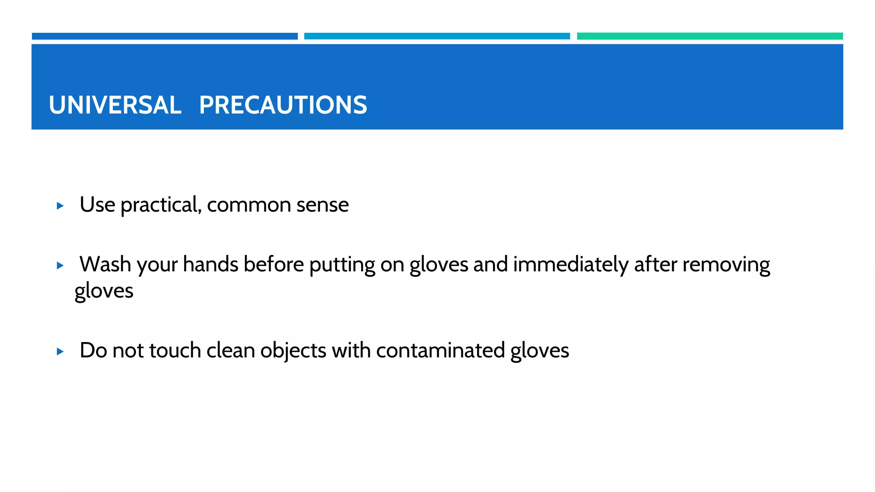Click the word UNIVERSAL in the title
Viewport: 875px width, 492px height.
coord(115,105)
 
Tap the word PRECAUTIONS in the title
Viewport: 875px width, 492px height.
coord(283,105)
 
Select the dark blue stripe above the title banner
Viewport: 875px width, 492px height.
coord(164,36)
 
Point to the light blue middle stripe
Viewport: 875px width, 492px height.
coord(437,36)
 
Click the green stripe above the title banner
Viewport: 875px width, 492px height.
coord(710,36)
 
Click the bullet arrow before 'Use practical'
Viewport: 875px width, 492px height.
coord(60,206)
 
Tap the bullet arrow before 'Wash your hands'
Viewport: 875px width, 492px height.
coord(60,266)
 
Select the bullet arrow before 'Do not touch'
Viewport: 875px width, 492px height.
coord(60,351)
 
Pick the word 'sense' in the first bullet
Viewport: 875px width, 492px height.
coord(323,205)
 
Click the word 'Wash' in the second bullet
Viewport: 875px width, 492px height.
coord(105,264)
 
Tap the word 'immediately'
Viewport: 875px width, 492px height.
coord(571,264)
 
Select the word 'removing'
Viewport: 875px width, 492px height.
coord(726,265)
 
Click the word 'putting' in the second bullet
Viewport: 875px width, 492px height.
coord(342,265)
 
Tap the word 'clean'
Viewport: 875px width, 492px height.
coord(231,351)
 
